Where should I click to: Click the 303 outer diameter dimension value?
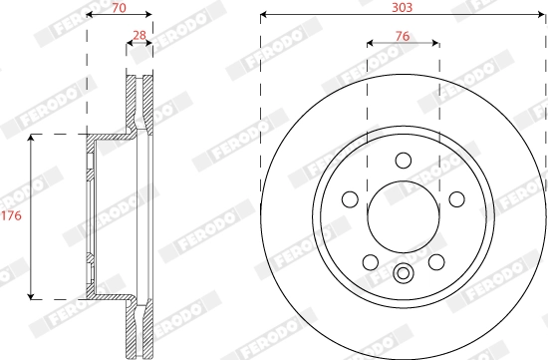(403, 6)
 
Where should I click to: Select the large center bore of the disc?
(403, 217)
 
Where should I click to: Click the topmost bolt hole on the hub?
(403, 161)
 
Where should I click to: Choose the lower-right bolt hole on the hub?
(435, 261)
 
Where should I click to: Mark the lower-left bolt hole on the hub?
(370, 261)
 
